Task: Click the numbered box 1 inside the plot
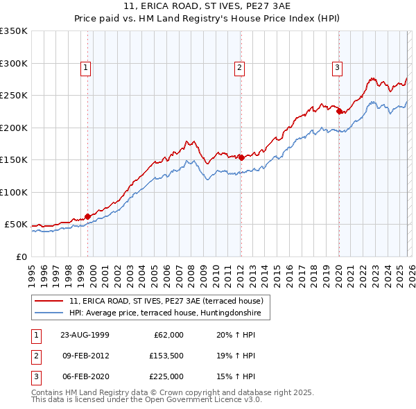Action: click(x=85, y=67)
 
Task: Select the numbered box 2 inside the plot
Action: click(x=239, y=67)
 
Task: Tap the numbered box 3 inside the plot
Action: click(x=337, y=67)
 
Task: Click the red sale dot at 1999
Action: click(x=88, y=216)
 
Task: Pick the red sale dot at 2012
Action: click(x=241, y=157)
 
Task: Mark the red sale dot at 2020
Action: click(x=338, y=111)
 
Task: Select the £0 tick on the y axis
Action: click(x=21, y=256)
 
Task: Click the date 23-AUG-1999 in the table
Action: click(x=85, y=334)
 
